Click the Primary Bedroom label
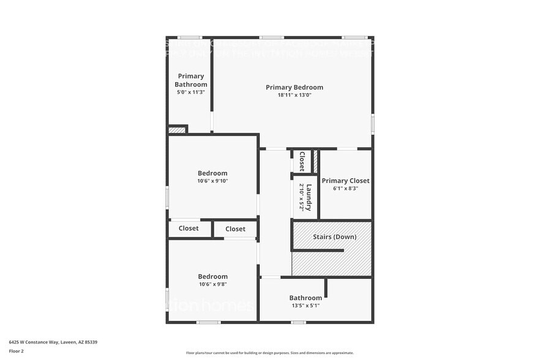294,88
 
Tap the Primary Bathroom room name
191,80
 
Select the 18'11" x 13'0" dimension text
294,95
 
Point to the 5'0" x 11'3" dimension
190,92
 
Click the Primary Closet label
345,181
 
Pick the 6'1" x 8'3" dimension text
345,189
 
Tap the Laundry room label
310,197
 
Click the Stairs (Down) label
334,236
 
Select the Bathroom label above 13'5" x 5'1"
306,298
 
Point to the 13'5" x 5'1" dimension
305,306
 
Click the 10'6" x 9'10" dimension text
212,181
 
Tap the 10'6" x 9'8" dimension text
212,284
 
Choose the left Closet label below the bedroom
189,228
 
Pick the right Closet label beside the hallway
235,229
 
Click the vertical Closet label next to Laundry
302,161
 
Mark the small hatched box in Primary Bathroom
176,130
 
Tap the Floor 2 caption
17,351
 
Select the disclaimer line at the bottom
269,353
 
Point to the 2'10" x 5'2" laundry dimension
301,197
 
